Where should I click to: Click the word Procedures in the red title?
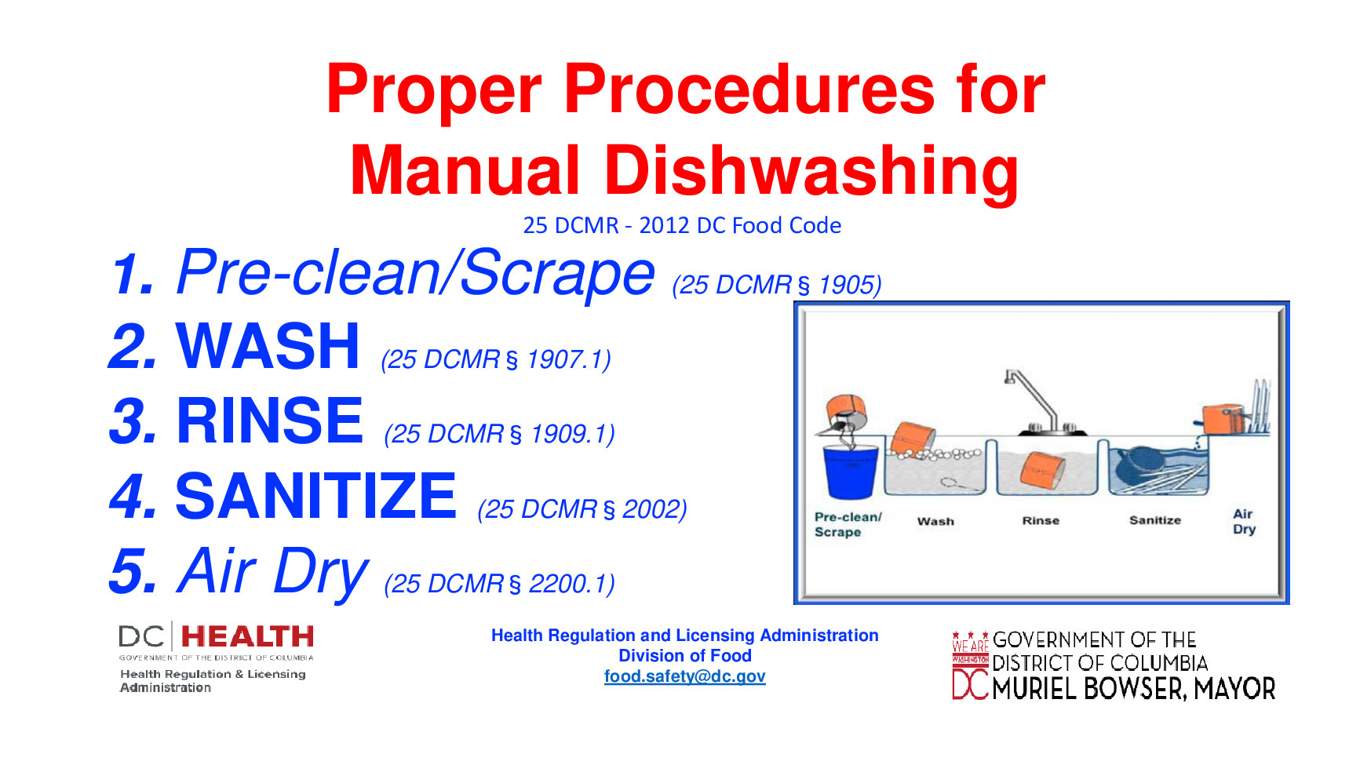tap(749, 89)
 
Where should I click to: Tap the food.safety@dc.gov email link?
tap(684, 676)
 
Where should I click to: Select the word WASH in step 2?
tap(268, 347)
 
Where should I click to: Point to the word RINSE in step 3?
tap(270, 421)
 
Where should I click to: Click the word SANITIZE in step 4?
tap(315, 497)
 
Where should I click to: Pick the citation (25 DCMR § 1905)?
tap(776, 285)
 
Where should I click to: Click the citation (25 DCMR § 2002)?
tap(582, 509)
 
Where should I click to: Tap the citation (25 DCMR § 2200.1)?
tap(499, 584)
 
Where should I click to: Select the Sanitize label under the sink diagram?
tap(1154, 520)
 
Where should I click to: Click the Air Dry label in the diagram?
tap(1244, 522)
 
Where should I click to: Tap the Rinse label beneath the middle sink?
tap(1041, 520)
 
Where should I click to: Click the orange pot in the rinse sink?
tap(1042, 469)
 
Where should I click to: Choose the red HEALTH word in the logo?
tap(247, 636)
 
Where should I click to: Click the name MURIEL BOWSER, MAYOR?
tap(1133, 689)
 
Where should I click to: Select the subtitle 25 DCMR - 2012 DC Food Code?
tap(682, 226)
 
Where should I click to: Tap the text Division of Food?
tap(684, 656)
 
